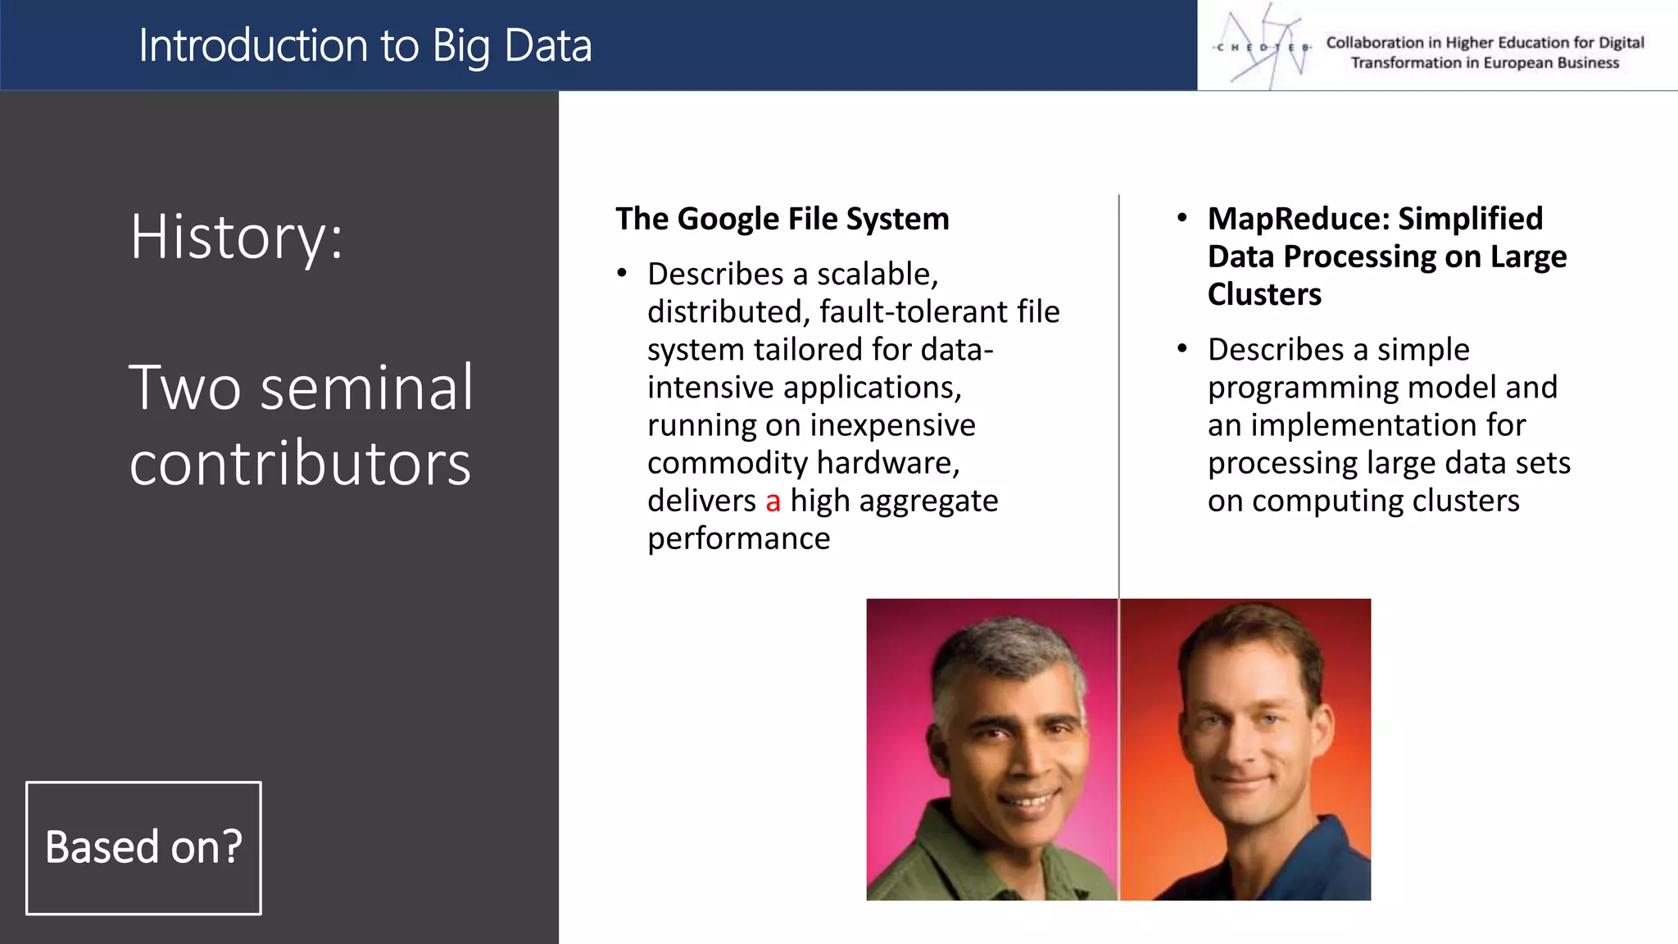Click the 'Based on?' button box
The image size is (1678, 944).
tap(143, 847)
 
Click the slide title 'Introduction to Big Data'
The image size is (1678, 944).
tap(365, 46)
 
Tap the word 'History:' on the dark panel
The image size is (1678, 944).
tap(236, 237)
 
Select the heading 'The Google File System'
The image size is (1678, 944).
tap(782, 219)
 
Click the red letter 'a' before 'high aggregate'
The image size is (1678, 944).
tap(773, 501)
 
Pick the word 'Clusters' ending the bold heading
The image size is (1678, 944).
tap(1264, 294)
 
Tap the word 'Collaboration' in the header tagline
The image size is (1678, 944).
tap(1374, 43)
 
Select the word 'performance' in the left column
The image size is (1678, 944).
tap(738, 538)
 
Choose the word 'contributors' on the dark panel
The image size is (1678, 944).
tap(300, 464)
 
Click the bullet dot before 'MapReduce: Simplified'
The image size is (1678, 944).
tap(1181, 218)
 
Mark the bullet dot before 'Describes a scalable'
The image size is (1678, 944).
tap(622, 273)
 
